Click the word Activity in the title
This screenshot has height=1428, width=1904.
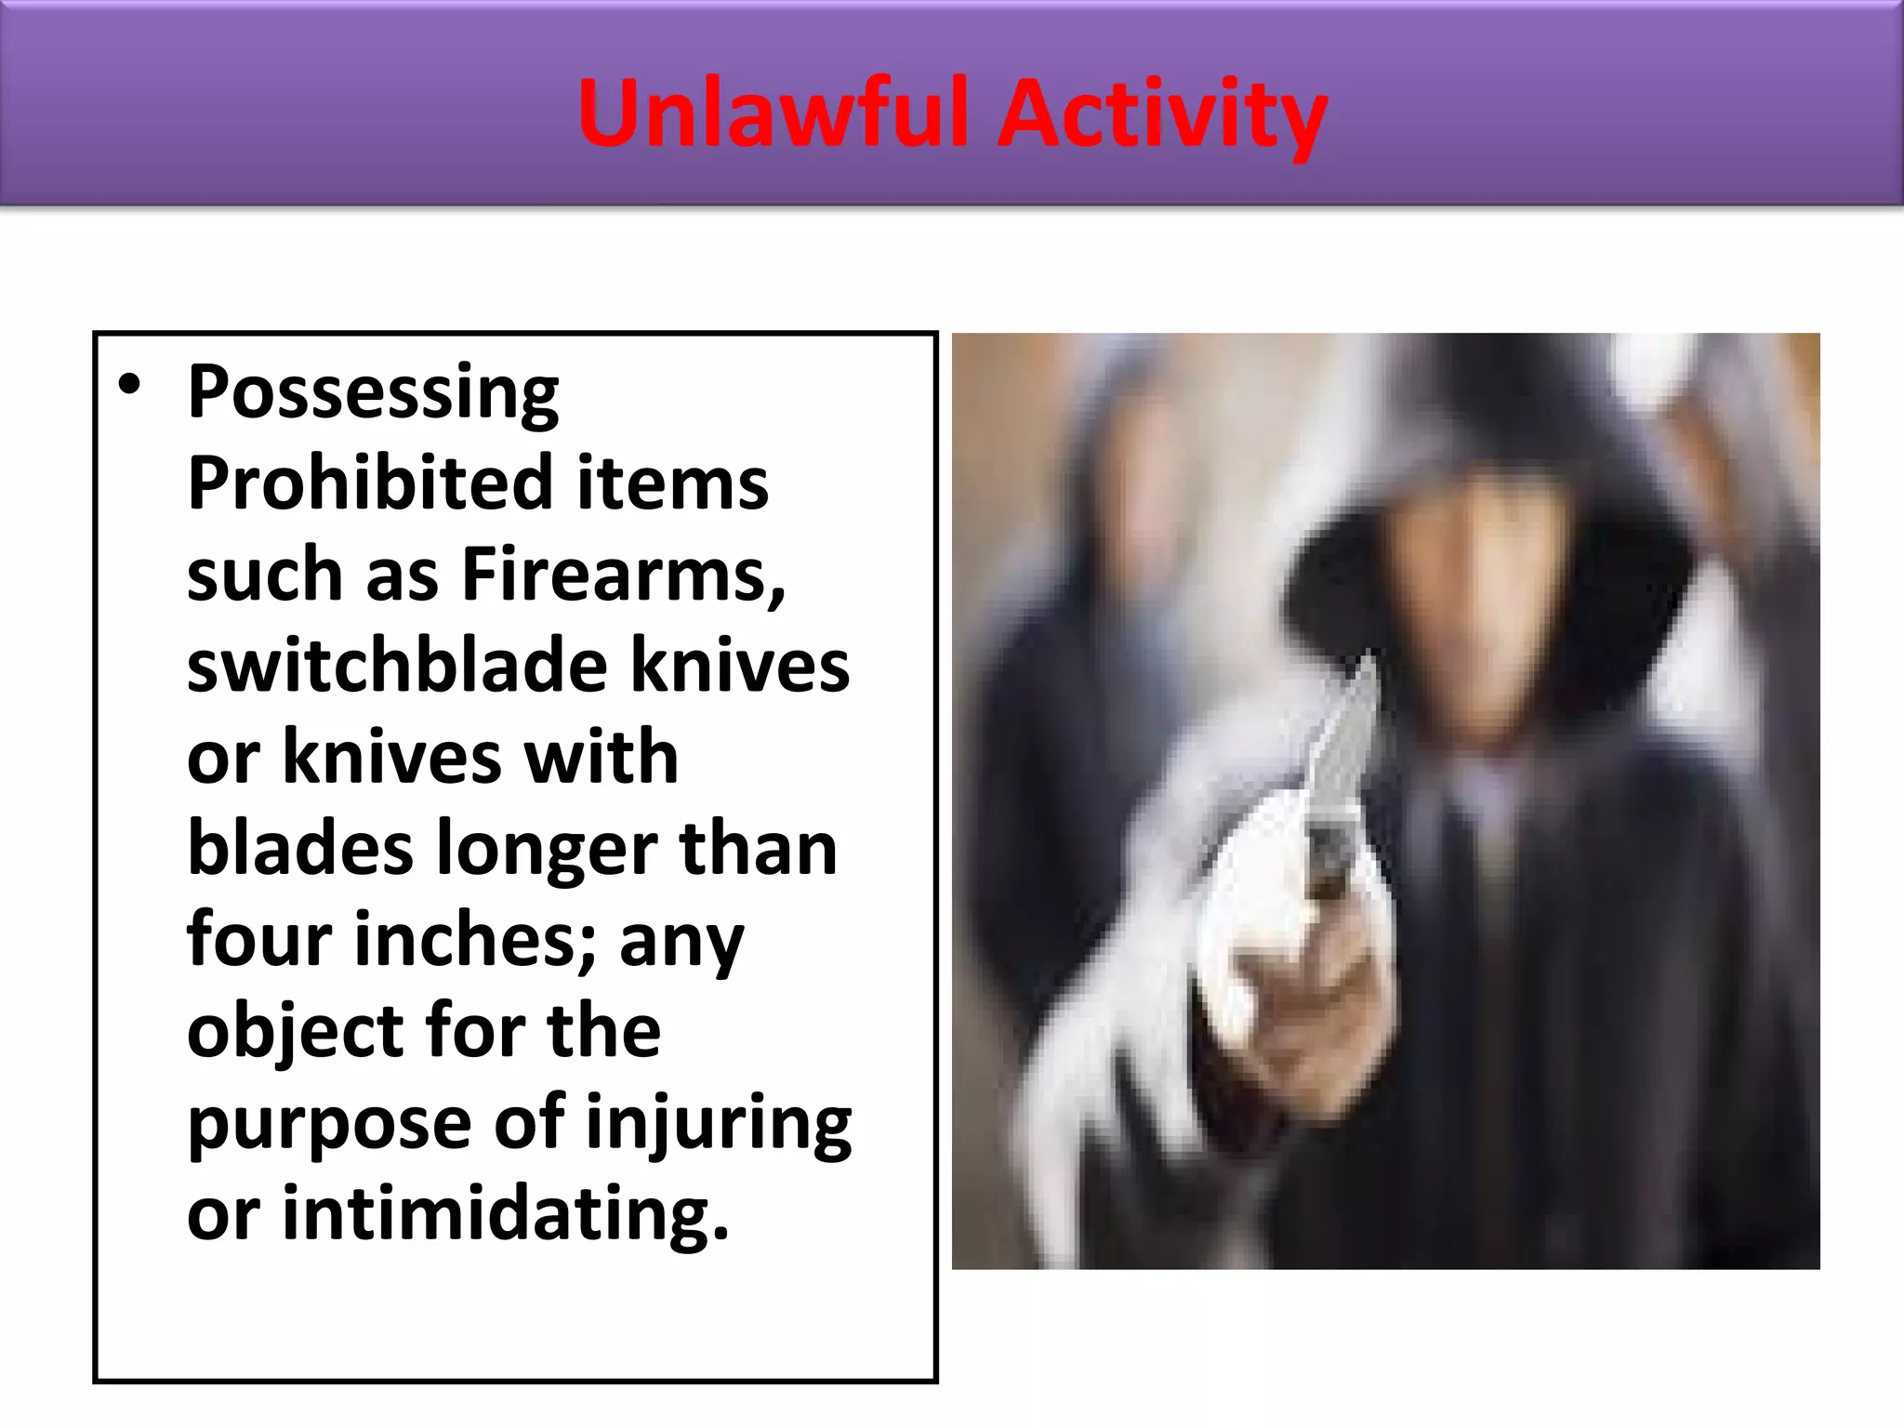(x=1162, y=115)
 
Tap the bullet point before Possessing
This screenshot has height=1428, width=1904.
(x=130, y=385)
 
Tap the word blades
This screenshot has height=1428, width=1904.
(x=300, y=848)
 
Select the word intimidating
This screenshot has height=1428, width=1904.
(x=505, y=1213)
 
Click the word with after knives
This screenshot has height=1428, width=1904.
(x=601, y=757)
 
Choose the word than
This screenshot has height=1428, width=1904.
(x=758, y=848)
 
